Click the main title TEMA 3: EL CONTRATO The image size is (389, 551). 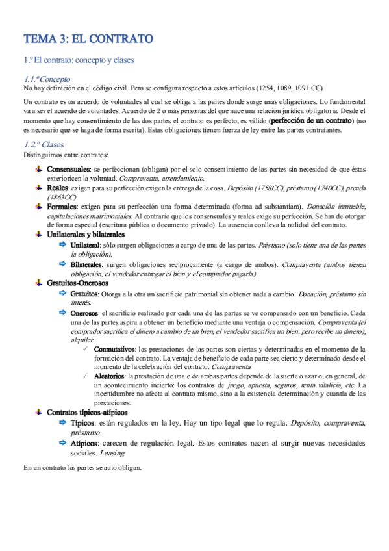[88, 40]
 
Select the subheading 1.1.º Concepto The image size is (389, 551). [47, 79]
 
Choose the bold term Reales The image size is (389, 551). [58, 188]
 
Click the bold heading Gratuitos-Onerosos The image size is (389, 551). [78, 284]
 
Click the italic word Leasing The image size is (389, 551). [112, 452]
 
